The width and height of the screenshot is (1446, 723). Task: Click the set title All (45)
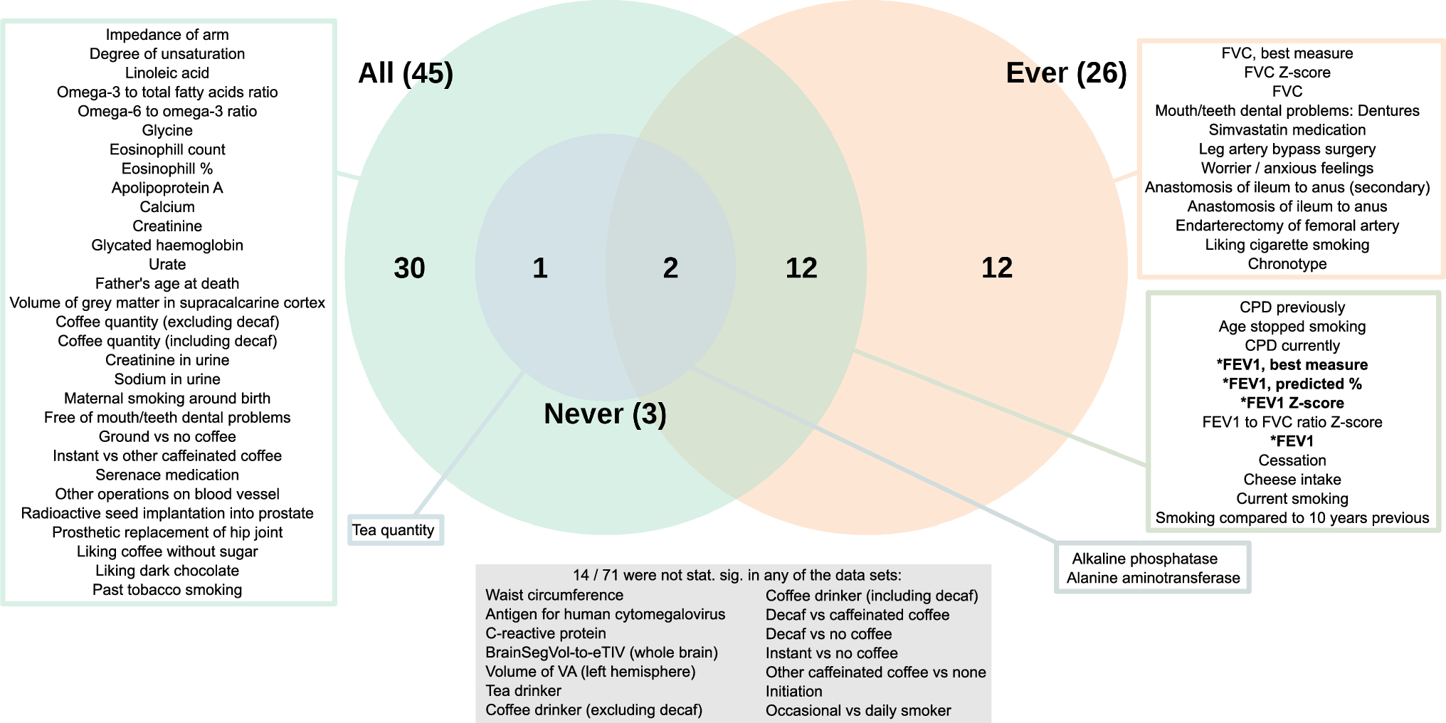pos(406,73)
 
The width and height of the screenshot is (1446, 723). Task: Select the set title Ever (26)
pos(1066,73)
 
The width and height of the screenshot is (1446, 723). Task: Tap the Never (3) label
pos(605,414)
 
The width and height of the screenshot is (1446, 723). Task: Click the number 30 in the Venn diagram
pos(409,268)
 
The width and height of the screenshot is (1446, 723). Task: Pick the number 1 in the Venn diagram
pos(540,268)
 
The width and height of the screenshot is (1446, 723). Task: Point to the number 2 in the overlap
pos(670,268)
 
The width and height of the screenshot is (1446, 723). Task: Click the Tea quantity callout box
pos(394,530)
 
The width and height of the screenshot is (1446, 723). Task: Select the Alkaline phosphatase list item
pos(1144,559)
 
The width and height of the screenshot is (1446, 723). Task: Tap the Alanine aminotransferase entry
pos(1153,578)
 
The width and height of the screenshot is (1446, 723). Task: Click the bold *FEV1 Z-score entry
pos(1292,403)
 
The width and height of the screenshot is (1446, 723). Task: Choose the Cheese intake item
pos(1292,480)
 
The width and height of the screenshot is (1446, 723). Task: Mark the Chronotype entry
pos(1287,264)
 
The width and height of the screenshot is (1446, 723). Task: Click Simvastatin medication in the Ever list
pos(1287,130)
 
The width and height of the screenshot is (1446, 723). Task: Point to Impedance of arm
pos(167,35)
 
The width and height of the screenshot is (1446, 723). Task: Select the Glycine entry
pos(167,130)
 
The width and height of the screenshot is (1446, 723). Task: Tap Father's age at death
pos(167,284)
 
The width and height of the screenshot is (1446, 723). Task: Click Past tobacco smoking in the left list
pos(167,590)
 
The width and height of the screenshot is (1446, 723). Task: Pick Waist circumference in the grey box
pos(554,595)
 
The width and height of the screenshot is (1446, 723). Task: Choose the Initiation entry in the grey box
pos(793,691)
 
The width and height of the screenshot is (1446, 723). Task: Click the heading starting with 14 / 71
pos(737,575)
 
